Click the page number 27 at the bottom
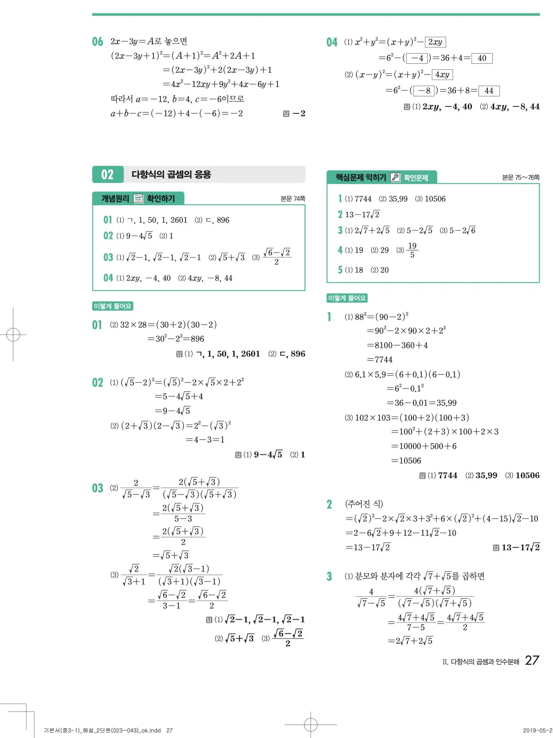pyautogui.click(x=532, y=660)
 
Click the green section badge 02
pyautogui.click(x=107, y=174)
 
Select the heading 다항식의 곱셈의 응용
pyautogui.click(x=171, y=174)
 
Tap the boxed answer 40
pyautogui.click(x=482, y=58)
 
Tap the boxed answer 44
pyautogui.click(x=489, y=91)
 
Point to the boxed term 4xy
pyautogui.click(x=442, y=75)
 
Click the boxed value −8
pyautogui.click(x=424, y=91)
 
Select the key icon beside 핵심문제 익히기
pyautogui.click(x=395, y=178)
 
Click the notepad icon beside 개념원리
pyautogui.click(x=138, y=199)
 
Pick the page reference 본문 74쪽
pyautogui.click(x=293, y=199)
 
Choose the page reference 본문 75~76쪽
pyautogui.click(x=520, y=178)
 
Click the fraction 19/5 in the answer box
pyautogui.click(x=412, y=250)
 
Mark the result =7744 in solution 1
pyautogui.click(x=380, y=359)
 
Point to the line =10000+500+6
pyautogui.click(x=424, y=446)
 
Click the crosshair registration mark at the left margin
pyautogui.click(x=13, y=335)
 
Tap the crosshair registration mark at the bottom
pyautogui.click(x=311, y=724)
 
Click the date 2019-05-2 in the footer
pyautogui.click(x=537, y=730)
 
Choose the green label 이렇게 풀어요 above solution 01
pyautogui.click(x=112, y=306)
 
